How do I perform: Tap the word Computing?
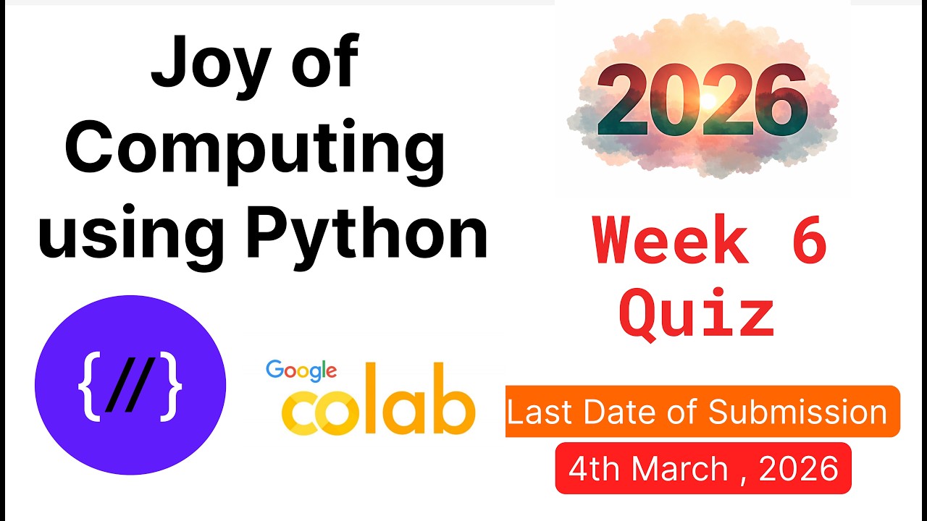click(255, 151)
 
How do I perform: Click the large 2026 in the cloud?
click(702, 103)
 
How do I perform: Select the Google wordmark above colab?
click(301, 371)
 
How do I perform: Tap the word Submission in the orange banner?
click(797, 412)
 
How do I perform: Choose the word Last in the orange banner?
click(534, 412)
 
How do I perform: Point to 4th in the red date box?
click(591, 469)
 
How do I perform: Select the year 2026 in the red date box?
click(798, 469)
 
